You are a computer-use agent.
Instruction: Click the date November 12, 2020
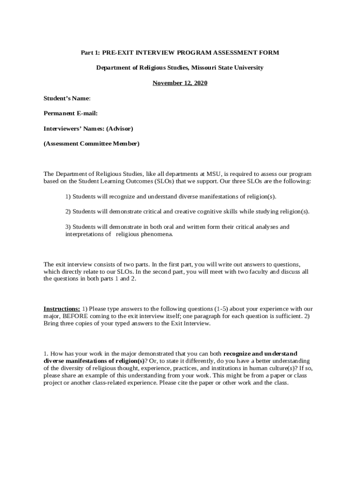click(180, 83)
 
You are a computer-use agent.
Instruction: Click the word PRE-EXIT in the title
click(117, 52)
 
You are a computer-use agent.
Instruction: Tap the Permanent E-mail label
click(71, 113)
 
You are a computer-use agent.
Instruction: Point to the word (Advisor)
click(120, 128)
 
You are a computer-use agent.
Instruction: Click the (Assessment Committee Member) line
click(92, 144)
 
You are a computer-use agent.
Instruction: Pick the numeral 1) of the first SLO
click(68, 196)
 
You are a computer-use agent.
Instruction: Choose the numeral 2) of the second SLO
click(68, 211)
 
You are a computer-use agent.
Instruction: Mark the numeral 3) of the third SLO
click(68, 227)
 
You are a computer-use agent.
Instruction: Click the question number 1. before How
click(46, 353)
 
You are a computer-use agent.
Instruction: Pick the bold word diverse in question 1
click(54, 361)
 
